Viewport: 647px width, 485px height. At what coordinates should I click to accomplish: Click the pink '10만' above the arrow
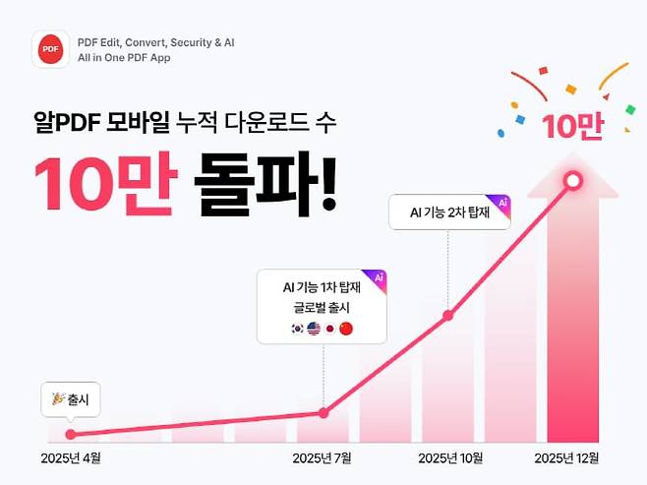tap(571, 127)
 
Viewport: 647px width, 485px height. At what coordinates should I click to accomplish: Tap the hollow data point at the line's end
tap(573, 181)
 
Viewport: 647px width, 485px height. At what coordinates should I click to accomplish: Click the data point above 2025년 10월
tap(448, 316)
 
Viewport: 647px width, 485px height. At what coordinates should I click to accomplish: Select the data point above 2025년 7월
tap(323, 413)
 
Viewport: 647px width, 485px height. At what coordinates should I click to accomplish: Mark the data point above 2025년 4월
tap(70, 434)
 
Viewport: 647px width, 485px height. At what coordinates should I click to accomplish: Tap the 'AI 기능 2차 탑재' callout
tap(449, 212)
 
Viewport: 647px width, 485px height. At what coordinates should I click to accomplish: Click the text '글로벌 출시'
tap(322, 307)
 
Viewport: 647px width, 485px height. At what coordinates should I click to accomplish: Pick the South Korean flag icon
tap(298, 329)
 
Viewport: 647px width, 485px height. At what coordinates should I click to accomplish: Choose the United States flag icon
tap(314, 329)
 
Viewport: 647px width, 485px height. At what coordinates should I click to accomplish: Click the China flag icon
tap(345, 329)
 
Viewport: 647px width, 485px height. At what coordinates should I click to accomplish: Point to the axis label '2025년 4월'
tap(71, 458)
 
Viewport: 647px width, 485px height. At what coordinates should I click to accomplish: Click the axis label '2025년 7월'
tap(322, 458)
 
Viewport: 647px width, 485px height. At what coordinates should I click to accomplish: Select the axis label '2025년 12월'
tap(566, 458)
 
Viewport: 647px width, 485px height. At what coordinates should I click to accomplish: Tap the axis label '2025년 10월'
tap(449, 458)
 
